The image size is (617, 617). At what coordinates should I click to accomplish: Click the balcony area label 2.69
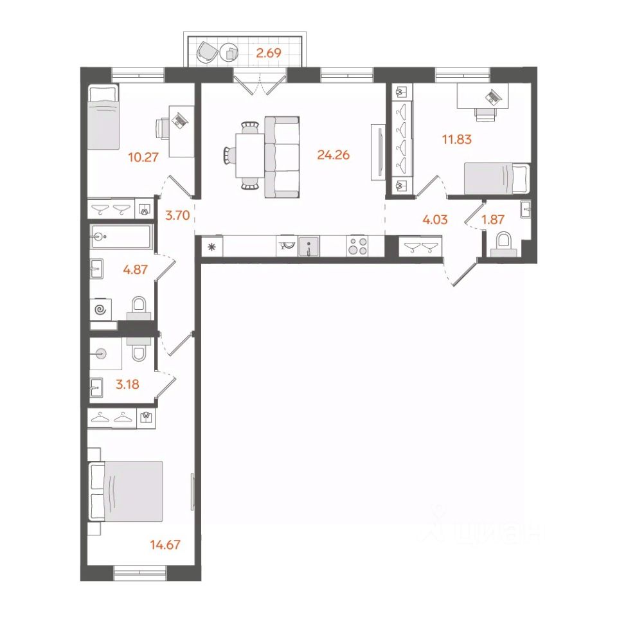(269, 53)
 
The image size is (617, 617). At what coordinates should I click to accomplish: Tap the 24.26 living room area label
(334, 155)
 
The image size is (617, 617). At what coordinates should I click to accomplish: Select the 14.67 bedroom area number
(165, 544)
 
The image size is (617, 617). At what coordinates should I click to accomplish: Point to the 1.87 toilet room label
(493, 219)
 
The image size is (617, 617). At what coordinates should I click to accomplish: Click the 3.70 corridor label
(177, 215)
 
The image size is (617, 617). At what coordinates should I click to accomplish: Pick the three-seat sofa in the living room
(282, 157)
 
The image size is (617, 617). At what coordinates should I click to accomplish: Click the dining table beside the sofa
(250, 156)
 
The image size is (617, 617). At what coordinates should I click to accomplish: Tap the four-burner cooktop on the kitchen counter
(357, 247)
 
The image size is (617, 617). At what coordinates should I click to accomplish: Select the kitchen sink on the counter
(309, 247)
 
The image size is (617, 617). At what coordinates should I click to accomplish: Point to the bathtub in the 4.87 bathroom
(121, 237)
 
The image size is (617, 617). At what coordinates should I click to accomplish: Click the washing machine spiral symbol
(100, 310)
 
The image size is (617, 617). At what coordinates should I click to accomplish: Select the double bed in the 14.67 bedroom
(126, 492)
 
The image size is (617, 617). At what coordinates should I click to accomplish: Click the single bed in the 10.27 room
(103, 117)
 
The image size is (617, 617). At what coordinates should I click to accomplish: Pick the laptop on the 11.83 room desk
(493, 96)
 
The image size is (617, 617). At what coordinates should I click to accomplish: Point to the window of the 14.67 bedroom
(140, 573)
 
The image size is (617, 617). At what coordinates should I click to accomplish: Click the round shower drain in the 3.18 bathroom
(101, 354)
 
